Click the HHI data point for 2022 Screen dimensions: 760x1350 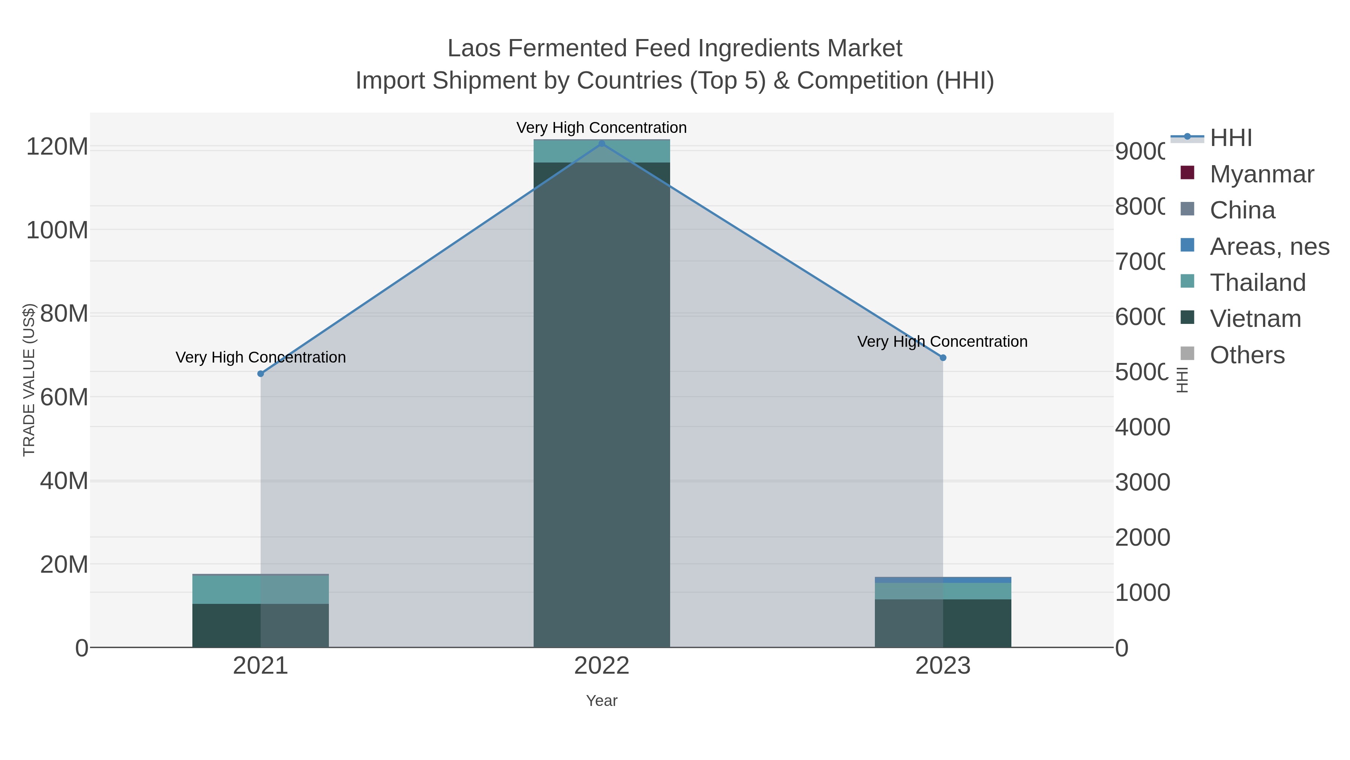[x=601, y=144]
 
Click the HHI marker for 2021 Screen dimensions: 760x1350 [x=261, y=373]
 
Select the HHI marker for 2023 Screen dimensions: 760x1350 [x=943, y=358]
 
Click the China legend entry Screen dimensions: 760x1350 [x=1242, y=210]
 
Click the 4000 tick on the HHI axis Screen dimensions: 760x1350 [x=1142, y=427]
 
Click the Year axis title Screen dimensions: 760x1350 [x=601, y=701]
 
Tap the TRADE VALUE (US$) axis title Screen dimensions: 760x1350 [x=29, y=380]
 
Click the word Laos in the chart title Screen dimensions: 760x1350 [x=474, y=49]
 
